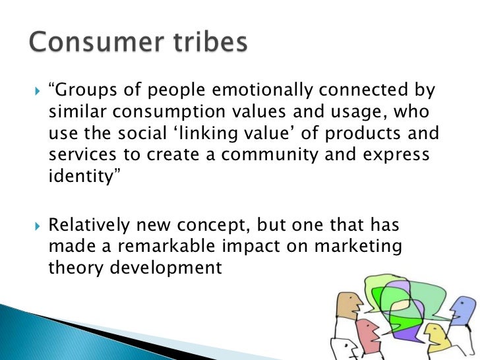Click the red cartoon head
(x=366, y=333)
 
